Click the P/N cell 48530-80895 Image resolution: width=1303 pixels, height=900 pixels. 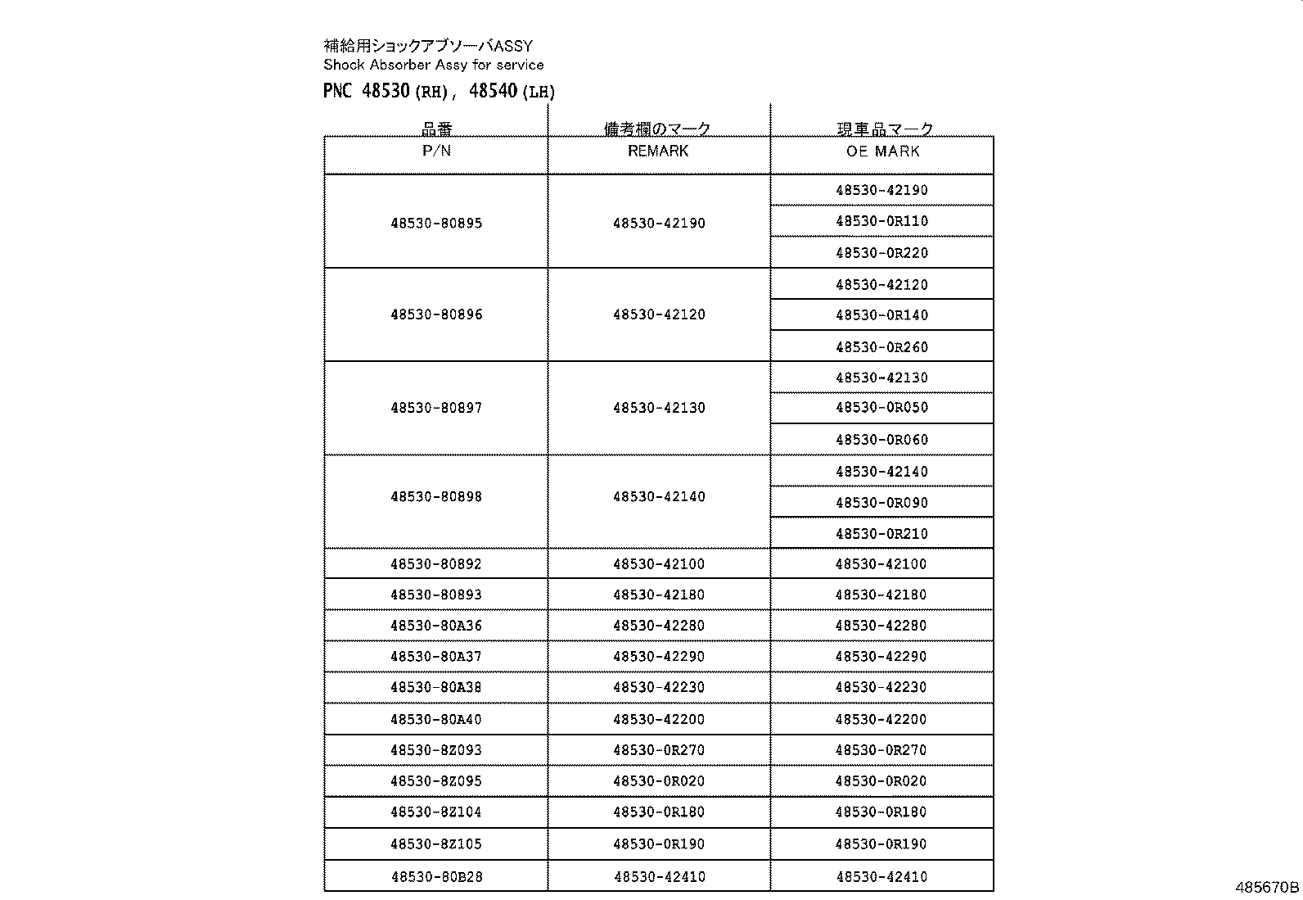[436, 223]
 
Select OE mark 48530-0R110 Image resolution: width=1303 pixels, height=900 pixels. [881, 221]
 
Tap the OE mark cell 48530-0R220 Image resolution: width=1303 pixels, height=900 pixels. [881, 253]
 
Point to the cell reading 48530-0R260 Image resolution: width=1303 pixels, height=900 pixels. [881, 347]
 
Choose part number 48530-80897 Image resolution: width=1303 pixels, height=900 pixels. [436, 408]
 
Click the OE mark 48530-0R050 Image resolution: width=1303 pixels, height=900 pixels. [881, 408]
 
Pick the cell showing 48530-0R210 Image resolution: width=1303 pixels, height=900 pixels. [881, 534]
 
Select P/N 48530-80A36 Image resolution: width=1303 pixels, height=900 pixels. [436, 626]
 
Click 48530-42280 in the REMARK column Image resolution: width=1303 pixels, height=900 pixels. [658, 626]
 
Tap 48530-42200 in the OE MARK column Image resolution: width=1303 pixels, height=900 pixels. [881, 720]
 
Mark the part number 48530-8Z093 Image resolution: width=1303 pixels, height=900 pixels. [436, 750]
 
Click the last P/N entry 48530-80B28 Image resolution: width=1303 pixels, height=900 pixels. [436, 877]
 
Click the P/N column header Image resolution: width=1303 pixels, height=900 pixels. [436, 151]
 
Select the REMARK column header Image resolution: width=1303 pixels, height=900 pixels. [658, 151]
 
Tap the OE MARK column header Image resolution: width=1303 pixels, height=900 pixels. [882, 152]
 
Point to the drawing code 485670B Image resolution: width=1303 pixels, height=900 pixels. [1267, 887]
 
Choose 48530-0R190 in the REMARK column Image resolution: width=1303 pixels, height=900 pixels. [658, 844]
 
